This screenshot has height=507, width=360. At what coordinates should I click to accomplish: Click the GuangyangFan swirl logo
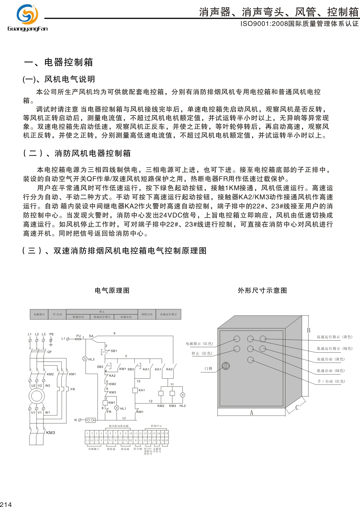[x=27, y=15]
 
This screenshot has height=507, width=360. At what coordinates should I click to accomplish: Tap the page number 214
[x=6, y=504]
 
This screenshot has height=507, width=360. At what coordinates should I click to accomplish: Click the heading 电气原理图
[x=112, y=290]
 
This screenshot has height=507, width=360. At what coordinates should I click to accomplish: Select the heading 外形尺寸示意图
[x=262, y=290]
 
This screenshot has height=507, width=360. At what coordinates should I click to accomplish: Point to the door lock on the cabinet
[x=226, y=366]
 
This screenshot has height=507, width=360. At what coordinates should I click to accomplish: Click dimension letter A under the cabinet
[x=251, y=413]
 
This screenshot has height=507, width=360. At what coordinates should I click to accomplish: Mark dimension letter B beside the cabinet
[x=308, y=330]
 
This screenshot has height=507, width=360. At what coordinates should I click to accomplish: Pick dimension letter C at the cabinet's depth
[x=297, y=407]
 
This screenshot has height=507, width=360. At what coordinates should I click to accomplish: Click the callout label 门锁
[x=208, y=369]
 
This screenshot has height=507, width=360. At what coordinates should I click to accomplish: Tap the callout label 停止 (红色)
[x=202, y=354]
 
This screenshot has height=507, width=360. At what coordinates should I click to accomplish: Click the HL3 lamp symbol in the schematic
[x=85, y=359]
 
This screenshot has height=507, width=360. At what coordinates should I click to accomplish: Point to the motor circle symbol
[x=37, y=396]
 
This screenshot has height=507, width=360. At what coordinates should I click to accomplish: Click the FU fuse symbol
[x=78, y=339]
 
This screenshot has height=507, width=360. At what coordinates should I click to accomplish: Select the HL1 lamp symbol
[x=117, y=408]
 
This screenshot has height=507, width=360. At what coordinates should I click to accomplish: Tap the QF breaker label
[x=49, y=352]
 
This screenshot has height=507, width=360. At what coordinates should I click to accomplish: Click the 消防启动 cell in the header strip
[x=147, y=314]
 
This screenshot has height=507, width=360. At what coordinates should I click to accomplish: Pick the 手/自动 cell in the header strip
[x=57, y=314]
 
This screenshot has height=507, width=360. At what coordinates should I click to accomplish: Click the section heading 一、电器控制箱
[x=59, y=62]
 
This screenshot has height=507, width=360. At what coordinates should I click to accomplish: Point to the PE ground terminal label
[x=52, y=334]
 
